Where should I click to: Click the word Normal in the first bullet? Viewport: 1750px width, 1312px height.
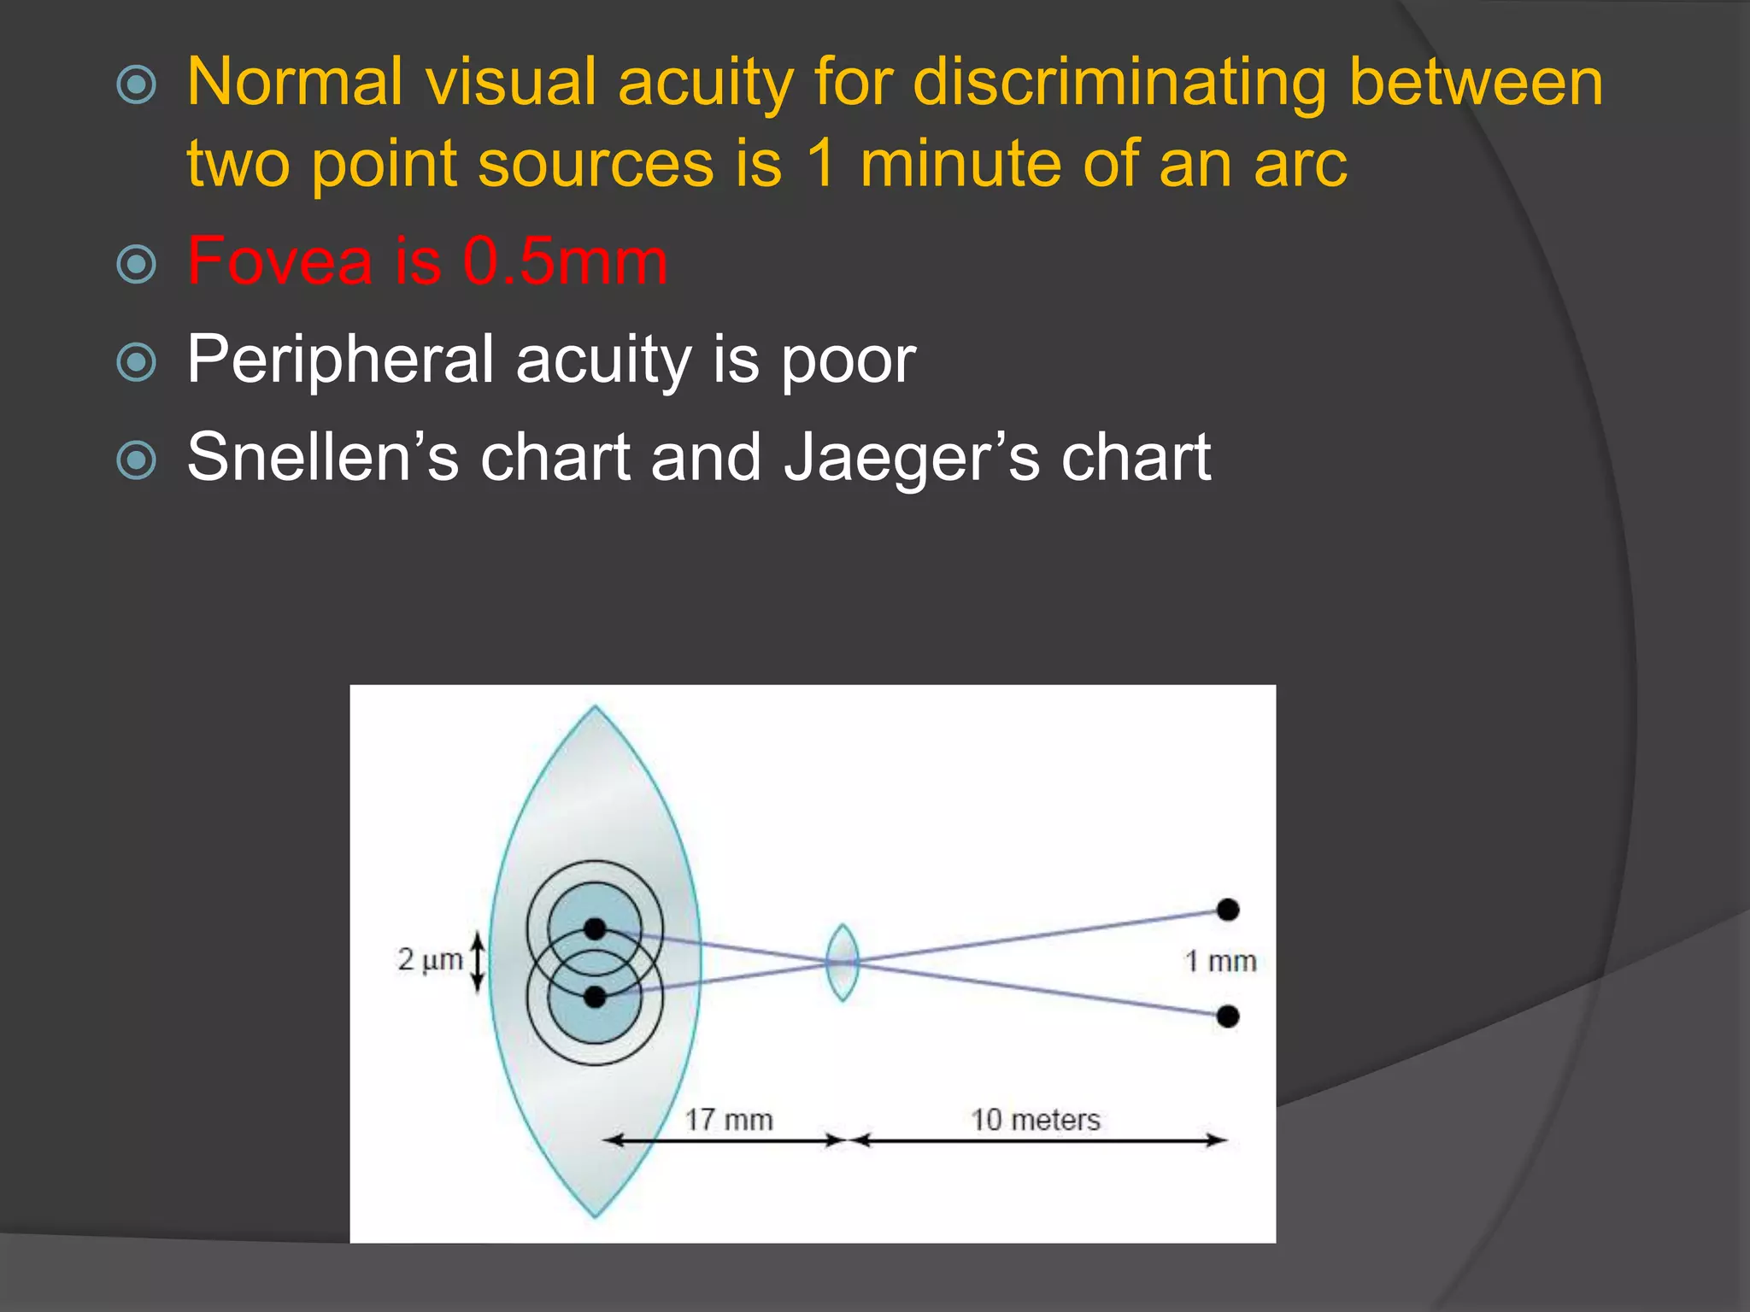(294, 83)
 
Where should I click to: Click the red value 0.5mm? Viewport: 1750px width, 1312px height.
(565, 261)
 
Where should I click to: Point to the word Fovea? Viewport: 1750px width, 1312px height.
(279, 261)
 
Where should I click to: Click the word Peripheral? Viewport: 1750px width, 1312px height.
(340, 360)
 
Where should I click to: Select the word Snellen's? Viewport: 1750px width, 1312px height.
(322, 458)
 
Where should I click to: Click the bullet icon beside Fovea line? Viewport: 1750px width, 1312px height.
(137, 264)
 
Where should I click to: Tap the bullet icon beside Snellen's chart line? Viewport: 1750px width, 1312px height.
(137, 460)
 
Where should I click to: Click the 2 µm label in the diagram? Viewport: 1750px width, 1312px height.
(430, 960)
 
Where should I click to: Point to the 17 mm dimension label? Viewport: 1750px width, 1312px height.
(729, 1120)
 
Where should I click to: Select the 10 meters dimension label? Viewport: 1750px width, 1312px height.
(1035, 1120)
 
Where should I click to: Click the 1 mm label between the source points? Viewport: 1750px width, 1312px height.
(1220, 962)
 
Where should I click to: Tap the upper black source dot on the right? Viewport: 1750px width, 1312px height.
(1228, 910)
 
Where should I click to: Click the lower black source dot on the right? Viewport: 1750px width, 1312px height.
(1228, 1016)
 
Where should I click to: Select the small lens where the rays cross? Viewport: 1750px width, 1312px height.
(843, 963)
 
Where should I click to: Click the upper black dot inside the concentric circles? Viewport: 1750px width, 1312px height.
(596, 928)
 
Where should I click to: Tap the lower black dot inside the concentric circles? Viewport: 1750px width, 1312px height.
(596, 997)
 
